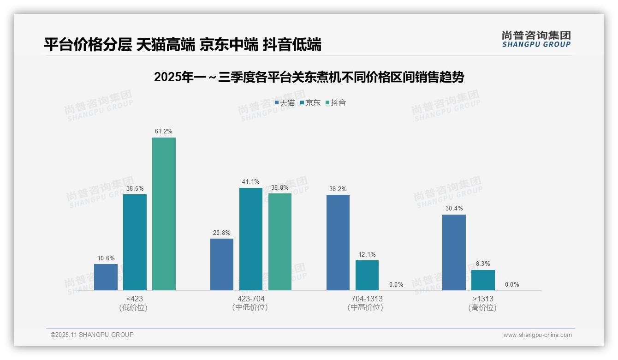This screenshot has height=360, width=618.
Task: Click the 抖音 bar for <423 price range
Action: click(164, 214)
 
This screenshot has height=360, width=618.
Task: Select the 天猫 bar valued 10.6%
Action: click(106, 277)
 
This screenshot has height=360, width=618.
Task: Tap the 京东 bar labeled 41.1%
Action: click(251, 239)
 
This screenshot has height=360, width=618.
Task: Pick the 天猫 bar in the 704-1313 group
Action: click(338, 242)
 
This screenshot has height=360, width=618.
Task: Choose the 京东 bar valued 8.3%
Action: click(483, 280)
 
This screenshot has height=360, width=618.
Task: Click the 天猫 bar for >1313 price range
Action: click(454, 252)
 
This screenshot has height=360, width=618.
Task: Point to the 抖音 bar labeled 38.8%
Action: click(280, 242)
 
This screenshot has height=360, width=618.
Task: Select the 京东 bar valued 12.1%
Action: click(367, 276)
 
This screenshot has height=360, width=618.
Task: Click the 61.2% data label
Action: click(164, 132)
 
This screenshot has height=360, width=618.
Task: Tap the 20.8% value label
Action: click(221, 233)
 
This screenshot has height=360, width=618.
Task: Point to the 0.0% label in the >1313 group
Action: click(512, 284)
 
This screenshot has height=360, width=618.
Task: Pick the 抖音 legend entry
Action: click(336, 102)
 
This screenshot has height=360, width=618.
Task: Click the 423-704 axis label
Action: click(251, 299)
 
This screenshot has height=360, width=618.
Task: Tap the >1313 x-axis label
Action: click(483, 299)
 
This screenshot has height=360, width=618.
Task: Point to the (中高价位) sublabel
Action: click(365, 307)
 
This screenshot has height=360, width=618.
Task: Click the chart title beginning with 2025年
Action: click(309, 77)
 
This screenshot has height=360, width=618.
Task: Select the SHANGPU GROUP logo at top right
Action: click(536, 39)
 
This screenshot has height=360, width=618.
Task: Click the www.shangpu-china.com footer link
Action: click(537, 335)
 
